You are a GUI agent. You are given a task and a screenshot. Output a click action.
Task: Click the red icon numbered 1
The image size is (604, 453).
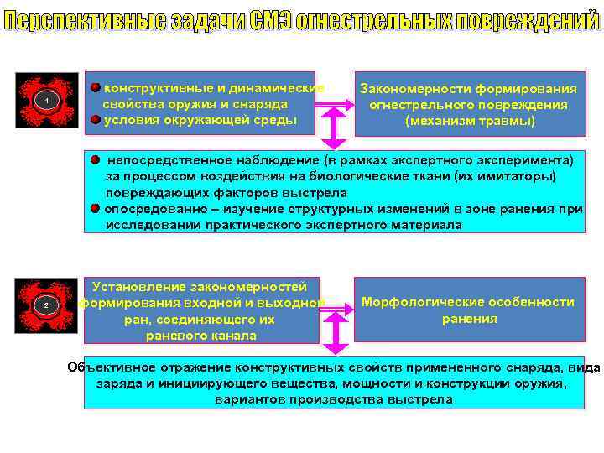tap(47, 102)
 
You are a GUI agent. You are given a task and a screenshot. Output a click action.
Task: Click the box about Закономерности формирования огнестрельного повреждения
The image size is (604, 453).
tap(469, 104)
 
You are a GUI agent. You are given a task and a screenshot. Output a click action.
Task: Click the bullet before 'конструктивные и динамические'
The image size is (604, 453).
tap(96, 87)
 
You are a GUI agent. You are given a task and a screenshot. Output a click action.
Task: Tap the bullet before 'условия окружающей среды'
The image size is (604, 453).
tap(96, 119)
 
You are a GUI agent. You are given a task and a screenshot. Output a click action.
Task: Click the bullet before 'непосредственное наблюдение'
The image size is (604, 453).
tap(96, 159)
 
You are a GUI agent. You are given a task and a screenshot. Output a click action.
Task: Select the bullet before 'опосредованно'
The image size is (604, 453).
tap(96, 208)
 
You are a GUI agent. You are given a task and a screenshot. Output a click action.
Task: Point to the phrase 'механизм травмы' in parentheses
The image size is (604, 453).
tap(469, 121)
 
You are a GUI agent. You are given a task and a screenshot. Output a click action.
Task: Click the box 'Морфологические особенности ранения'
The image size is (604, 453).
tap(469, 310)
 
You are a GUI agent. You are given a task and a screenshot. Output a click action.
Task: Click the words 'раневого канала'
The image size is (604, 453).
tap(201, 336)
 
